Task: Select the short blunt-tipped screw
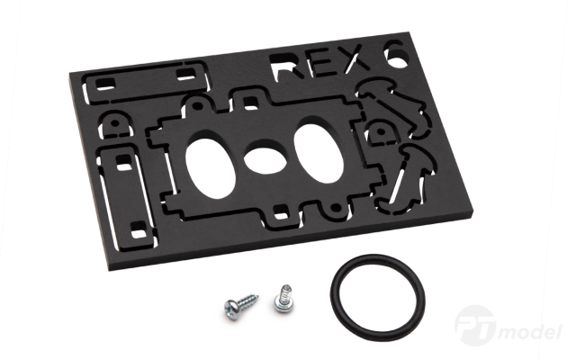click(284, 299)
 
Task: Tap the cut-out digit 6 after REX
click(396, 54)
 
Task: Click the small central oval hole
click(265, 160)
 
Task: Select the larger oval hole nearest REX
click(319, 153)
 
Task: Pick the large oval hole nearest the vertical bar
click(210, 169)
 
